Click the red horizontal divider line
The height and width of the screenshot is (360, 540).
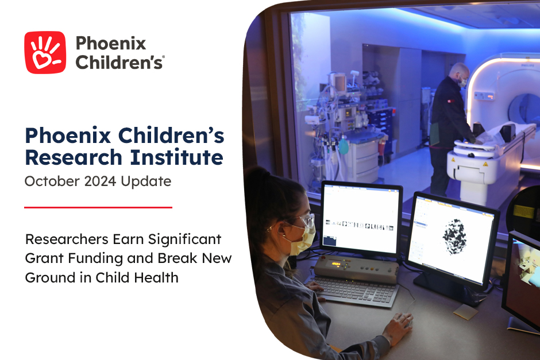pyautogui.click(x=98, y=207)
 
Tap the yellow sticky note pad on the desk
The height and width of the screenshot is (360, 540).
pyautogui.click(x=465, y=312)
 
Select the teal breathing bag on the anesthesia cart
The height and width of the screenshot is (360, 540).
pyautogui.click(x=343, y=146)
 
